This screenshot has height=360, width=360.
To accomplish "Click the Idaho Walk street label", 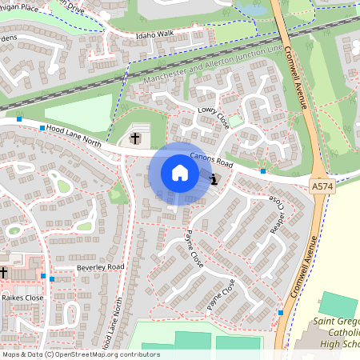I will [x=155, y=34].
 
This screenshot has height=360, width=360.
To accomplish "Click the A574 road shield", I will [x=322, y=186].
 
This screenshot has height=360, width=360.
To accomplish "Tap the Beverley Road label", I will [x=101, y=266].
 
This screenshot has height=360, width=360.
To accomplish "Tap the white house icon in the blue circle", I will [x=179, y=173].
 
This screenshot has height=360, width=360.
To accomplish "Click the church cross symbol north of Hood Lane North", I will [x=135, y=138].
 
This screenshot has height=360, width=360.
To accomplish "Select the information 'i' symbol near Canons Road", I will [x=214, y=180].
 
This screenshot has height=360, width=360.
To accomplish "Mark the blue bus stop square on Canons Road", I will [x=262, y=170].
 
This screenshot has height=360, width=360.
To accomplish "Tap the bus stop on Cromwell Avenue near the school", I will [x=281, y=312].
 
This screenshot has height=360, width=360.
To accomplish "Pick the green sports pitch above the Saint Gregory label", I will [x=339, y=304].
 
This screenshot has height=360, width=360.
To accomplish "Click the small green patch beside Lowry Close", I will [x=235, y=122].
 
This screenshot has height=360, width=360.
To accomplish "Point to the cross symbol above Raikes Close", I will [x=4, y=272].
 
